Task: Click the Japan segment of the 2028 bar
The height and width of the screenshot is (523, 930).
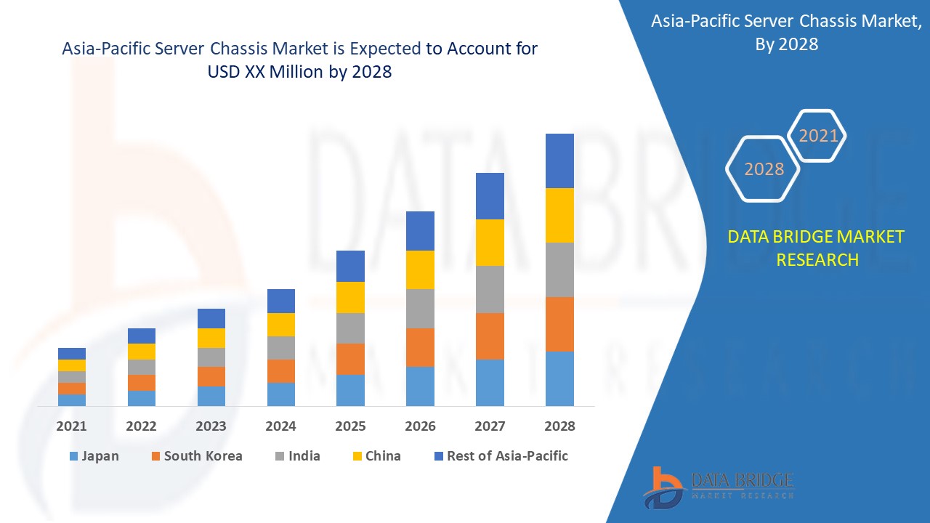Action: pyautogui.click(x=559, y=378)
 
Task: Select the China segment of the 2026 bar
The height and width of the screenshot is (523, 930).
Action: pyautogui.click(x=420, y=269)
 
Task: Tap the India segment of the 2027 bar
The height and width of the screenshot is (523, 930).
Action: pyautogui.click(x=490, y=289)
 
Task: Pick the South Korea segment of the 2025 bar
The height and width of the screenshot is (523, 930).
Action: pyautogui.click(x=350, y=359)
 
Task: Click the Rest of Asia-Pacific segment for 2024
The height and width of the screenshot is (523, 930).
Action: pyautogui.click(x=281, y=301)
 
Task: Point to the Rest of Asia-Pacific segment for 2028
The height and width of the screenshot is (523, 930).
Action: pyautogui.click(x=559, y=161)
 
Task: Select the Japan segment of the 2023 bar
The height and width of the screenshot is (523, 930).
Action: pyautogui.click(x=211, y=396)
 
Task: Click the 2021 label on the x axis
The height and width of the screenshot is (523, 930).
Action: pyautogui.click(x=71, y=426)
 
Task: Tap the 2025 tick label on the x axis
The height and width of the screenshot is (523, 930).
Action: pyautogui.click(x=350, y=426)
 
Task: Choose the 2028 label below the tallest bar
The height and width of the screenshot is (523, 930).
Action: pyautogui.click(x=559, y=426)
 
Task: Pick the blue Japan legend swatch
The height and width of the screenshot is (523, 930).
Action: pyautogui.click(x=73, y=457)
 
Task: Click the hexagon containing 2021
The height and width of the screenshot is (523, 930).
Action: pyautogui.click(x=818, y=136)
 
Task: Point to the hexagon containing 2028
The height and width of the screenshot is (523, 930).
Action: pyautogui.click(x=764, y=169)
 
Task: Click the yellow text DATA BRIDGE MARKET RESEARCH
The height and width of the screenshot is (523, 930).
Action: pyautogui.click(x=817, y=248)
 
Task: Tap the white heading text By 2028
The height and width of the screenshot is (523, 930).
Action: pyautogui.click(x=786, y=44)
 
